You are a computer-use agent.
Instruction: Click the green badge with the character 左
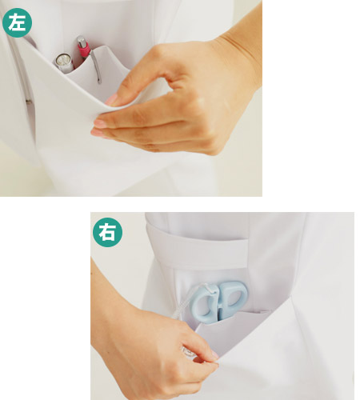pos(17,22)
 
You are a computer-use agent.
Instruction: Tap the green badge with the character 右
pos(107,232)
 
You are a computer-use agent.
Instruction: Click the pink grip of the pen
pos(83,50)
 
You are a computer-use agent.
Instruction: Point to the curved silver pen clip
pos(96,66)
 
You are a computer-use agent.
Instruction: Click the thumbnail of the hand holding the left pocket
pos(111,99)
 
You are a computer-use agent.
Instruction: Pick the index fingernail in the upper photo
pos(100,123)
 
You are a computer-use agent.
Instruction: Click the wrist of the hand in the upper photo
pos(240,54)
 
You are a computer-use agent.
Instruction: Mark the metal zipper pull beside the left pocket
pos(29,102)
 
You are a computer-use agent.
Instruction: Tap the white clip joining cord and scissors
pos(210,289)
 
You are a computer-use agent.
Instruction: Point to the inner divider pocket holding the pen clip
pos(98,70)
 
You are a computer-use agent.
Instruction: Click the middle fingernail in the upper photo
pos(97,133)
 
